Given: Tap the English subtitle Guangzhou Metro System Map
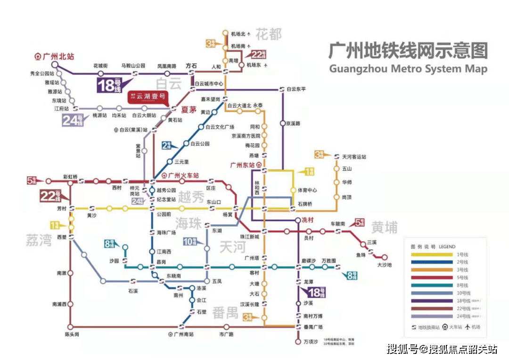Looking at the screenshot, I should [408, 69].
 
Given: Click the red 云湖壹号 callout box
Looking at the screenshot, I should [148, 96].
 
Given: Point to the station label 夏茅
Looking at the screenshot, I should [189, 109].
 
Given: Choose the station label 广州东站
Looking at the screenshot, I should [242, 165].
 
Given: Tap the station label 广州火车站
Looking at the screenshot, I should [183, 175].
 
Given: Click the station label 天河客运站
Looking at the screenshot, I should [354, 157].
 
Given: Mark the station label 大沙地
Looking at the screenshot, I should [385, 265].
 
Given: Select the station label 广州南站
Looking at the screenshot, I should [183, 334].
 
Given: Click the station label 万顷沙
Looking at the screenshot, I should [312, 342].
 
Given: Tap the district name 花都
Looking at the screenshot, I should [268, 34].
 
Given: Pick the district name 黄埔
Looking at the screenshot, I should [384, 228].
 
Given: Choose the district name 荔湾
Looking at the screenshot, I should [39, 240].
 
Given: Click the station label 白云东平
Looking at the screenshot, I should [296, 89].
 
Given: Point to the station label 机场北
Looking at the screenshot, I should [238, 34].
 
